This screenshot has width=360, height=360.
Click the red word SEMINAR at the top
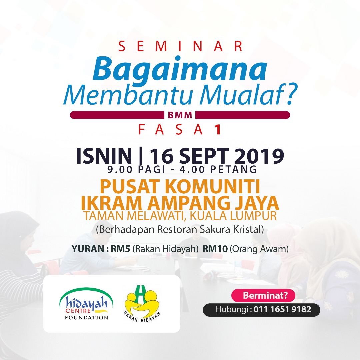click(x=180, y=46)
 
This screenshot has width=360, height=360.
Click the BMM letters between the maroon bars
click(x=180, y=115)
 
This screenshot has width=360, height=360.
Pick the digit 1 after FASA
click(x=218, y=130)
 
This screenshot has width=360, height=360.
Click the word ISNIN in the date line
click(x=104, y=156)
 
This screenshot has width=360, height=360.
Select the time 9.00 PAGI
click(x=136, y=169)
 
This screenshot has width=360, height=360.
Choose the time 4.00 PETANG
click(x=218, y=169)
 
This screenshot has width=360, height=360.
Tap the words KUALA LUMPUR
click(x=233, y=216)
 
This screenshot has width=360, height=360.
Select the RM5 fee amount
click(x=121, y=249)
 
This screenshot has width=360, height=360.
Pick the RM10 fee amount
click(x=215, y=249)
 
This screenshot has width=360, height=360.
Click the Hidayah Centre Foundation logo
click(x=86, y=304)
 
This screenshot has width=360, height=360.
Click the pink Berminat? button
click(x=263, y=295)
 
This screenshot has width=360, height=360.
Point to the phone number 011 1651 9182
click(x=282, y=309)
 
